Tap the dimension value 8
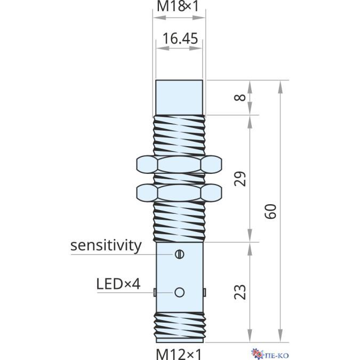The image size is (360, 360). [x=241, y=98]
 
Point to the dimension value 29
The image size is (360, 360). [x=241, y=179]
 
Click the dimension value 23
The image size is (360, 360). [x=241, y=292]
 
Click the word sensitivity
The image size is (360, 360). [x=106, y=245]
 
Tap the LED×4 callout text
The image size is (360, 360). [x=118, y=283]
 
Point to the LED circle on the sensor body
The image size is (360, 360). [x=179, y=292]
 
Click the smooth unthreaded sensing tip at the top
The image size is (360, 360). [x=179, y=98]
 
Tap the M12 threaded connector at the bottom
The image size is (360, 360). [x=179, y=326]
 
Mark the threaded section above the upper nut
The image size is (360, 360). [x=179, y=135]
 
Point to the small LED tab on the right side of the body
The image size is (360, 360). [x=204, y=292]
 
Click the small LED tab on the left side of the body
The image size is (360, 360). [x=154, y=292]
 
